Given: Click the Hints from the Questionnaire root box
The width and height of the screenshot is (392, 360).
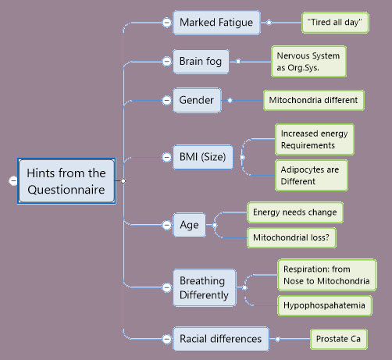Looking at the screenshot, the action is pos(66,181).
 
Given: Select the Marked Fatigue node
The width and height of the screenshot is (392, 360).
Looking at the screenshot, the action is pos(216,23).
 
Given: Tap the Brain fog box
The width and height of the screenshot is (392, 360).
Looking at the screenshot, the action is pos(201,62).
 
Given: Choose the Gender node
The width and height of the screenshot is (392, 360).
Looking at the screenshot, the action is pos(197,100).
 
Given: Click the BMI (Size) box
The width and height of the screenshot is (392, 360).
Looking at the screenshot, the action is pos(203,157).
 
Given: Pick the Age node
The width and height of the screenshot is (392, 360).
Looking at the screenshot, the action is pos(190,225).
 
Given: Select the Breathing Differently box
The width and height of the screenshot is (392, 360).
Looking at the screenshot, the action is pos(205,287).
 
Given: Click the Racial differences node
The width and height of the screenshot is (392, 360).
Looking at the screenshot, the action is pos(221,339).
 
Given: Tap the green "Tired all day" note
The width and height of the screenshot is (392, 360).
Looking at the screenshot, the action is pos(335,23).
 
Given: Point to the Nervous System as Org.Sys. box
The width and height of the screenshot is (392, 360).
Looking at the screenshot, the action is pos(308,62).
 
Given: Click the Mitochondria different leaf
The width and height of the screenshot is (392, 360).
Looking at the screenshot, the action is pos(314,100).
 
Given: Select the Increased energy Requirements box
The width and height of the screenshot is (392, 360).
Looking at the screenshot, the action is pos(315,139).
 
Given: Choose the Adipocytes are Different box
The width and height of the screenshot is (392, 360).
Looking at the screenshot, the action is pos(312,176).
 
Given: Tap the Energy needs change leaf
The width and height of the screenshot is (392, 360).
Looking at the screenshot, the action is pos(295,212).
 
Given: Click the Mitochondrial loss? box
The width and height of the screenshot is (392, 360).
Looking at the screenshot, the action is pos(291,237).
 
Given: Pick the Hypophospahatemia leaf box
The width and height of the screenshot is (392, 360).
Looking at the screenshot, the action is pos(325,305).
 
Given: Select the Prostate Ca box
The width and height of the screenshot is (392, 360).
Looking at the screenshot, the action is pos(339,339).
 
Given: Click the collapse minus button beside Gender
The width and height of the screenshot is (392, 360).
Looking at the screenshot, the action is pos(166,100).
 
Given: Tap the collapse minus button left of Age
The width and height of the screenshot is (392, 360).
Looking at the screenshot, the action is pos(166,225).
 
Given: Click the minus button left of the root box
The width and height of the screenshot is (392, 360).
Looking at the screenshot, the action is pos(13,180).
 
